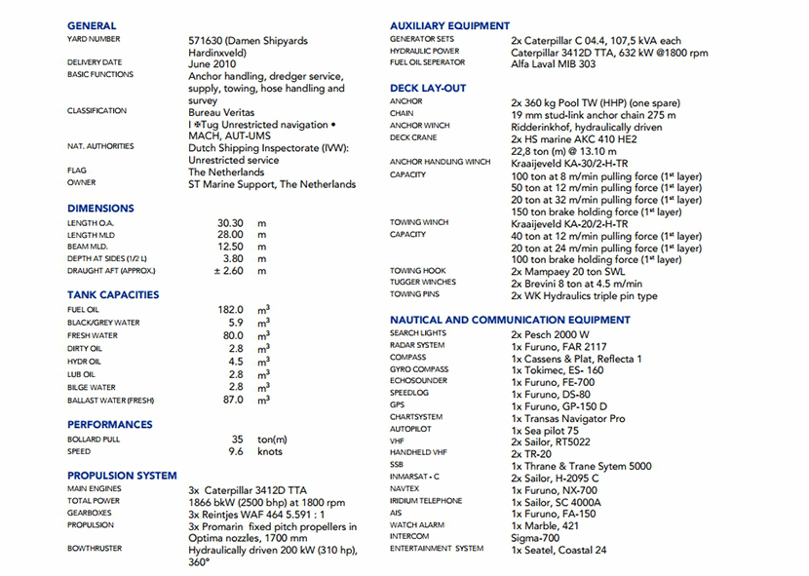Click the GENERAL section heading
point(92,25)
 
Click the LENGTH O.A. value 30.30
point(230,223)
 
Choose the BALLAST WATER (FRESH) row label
point(111,401)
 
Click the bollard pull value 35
point(237,440)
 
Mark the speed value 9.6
point(236,452)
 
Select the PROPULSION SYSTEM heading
point(122,476)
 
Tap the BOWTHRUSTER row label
point(95,549)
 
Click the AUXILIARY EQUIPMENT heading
point(449,25)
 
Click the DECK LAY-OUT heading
point(428,88)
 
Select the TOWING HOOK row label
point(418,271)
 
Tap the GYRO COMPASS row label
point(419,369)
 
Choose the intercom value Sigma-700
point(535,538)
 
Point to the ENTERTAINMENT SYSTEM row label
point(436,549)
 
